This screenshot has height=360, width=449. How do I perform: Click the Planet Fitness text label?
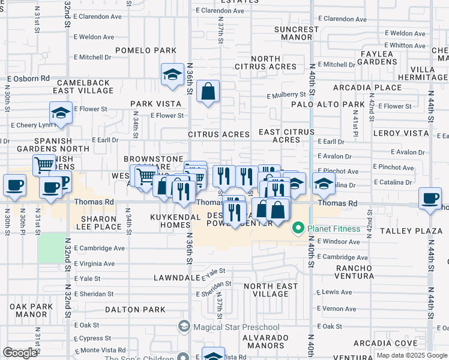click(334, 229)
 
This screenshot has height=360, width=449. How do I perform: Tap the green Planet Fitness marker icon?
click(298, 229)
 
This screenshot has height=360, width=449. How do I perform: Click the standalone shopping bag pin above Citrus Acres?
click(208, 92)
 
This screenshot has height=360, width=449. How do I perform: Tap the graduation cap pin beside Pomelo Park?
click(172, 75)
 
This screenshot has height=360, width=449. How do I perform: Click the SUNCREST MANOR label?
click(297, 33)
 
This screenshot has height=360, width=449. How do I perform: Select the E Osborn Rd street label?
click(28, 79)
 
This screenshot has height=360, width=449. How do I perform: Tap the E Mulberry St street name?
click(287, 95)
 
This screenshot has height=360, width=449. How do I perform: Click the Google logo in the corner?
click(20, 353)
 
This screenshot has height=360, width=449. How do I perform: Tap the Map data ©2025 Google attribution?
click(412, 356)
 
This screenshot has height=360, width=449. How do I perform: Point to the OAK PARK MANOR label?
click(31, 310)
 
